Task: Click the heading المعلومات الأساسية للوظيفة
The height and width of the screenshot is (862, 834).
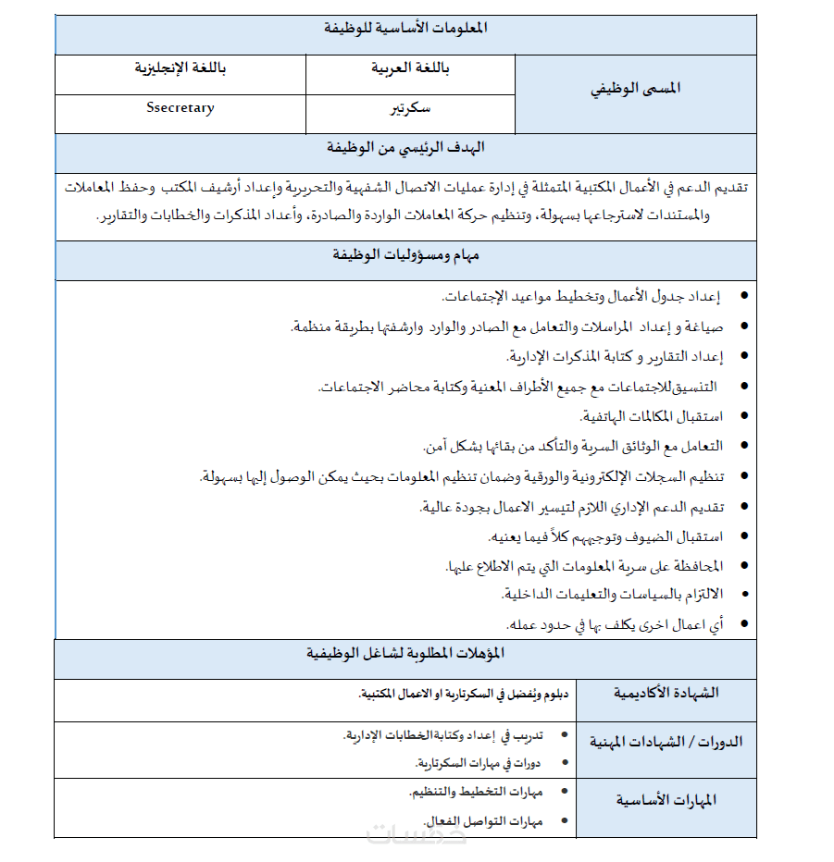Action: point(406,29)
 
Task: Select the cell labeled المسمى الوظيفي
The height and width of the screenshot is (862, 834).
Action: point(635,89)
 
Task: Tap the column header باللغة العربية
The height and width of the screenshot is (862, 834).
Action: point(410,68)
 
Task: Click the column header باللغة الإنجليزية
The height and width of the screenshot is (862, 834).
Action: point(180,68)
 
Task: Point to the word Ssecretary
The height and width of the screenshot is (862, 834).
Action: point(180,108)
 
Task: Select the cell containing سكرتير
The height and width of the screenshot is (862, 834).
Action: point(410,108)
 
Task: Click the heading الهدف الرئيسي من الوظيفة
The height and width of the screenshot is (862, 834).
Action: point(405,148)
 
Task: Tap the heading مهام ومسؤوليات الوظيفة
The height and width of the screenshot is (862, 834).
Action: point(406,254)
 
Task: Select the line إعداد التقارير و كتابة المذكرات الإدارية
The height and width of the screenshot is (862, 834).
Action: point(615,356)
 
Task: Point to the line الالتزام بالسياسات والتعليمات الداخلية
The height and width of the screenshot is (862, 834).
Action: point(612,594)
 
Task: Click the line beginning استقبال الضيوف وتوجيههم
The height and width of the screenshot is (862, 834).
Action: point(605,536)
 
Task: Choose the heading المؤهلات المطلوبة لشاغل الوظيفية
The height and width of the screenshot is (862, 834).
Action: point(406,654)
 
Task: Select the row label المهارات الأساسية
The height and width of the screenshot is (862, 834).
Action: point(666,800)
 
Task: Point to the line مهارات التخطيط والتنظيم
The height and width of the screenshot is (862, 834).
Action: point(476,793)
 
